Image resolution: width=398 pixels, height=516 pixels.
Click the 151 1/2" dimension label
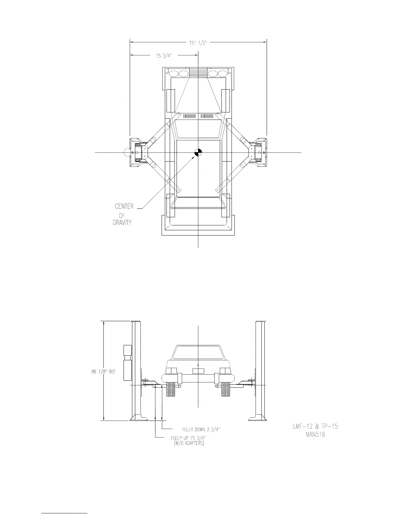point(198,43)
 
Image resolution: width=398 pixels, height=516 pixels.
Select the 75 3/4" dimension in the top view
point(164,56)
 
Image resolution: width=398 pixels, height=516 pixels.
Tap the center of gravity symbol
point(198,153)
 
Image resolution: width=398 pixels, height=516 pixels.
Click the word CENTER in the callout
point(124,206)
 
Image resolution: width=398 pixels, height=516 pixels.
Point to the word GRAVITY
point(122,222)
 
